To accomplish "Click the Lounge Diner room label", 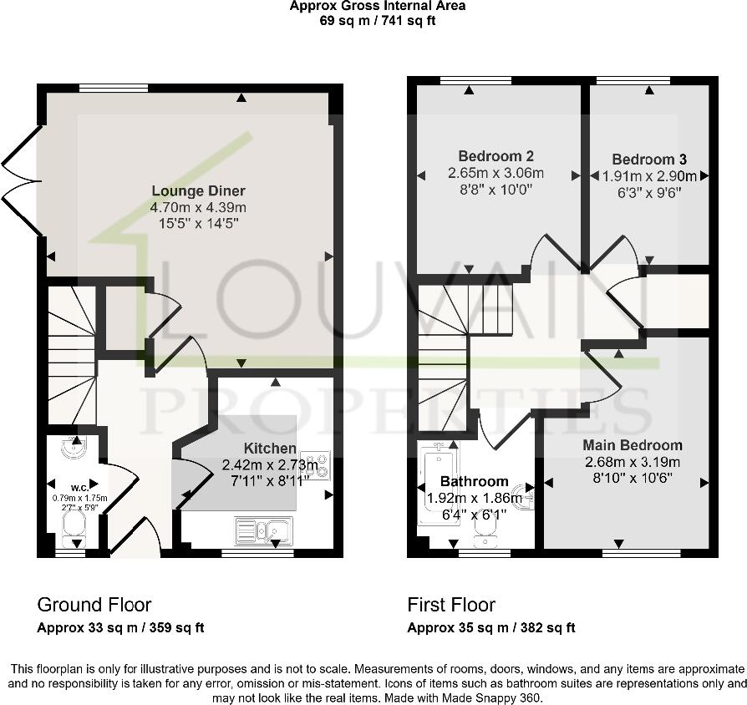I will click(x=198, y=190).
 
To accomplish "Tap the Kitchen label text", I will click(x=270, y=449).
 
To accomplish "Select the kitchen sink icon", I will click(x=263, y=529).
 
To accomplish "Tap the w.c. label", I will click(x=80, y=487).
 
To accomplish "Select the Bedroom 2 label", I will click(x=496, y=156).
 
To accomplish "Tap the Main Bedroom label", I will click(x=633, y=445).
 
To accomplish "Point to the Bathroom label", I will click(x=474, y=481).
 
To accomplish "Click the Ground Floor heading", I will click(x=94, y=605).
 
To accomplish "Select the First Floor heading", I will click(x=451, y=605).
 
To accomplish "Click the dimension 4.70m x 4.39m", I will click(x=198, y=207).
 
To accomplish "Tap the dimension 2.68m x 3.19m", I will click(x=633, y=462).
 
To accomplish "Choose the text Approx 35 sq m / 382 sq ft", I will click(x=490, y=628).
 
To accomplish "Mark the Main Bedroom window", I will click(x=641, y=552).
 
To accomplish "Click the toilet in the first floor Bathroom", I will click(x=484, y=523).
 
